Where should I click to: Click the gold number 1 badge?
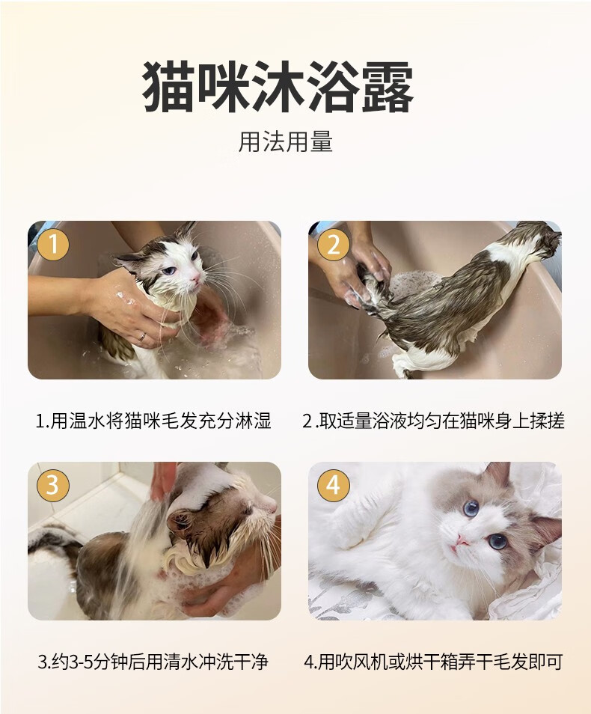tap(53, 245)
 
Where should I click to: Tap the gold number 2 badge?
tap(334, 245)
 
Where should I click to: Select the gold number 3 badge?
tap(53, 485)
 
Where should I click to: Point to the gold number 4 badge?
tap(334, 485)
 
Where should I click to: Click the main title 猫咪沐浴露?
tap(278, 88)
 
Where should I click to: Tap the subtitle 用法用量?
tap(286, 141)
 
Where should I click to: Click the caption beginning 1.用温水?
tap(153, 421)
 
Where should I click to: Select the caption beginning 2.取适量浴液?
tap(433, 421)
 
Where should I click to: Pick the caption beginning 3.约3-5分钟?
tap(153, 661)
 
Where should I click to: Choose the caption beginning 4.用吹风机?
tap(433, 661)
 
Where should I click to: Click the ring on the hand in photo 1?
tap(143, 336)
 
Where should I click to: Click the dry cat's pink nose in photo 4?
tap(462, 540)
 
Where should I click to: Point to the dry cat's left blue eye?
tap(471, 507)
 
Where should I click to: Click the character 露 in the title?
tap(388, 88)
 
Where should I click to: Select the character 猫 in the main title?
tap(169, 88)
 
